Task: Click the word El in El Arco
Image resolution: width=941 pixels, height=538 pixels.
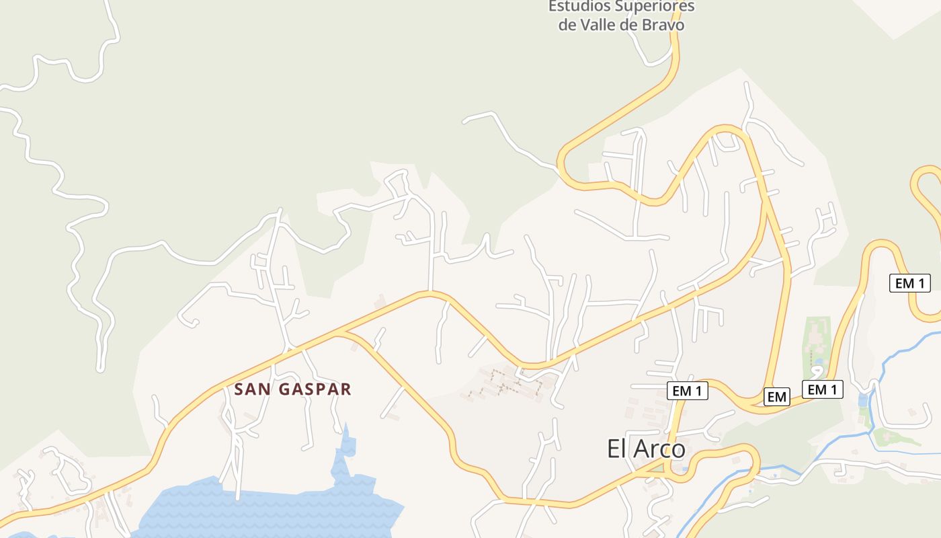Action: [618, 449]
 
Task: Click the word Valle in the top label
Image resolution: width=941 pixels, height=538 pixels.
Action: [602, 25]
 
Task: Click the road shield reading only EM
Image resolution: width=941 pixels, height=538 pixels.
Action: [776, 397]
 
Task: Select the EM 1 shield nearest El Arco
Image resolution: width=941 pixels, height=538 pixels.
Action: [688, 390]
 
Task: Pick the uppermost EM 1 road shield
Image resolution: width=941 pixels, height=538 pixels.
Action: [909, 283]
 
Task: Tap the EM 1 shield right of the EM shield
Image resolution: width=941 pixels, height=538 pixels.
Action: [822, 389]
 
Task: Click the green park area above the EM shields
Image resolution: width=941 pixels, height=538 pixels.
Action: [816, 343]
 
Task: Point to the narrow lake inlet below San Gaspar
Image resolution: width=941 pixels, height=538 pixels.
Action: [347, 447]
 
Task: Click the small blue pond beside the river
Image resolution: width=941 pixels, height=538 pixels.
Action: [863, 401]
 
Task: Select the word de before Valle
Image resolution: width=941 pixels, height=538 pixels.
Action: [569, 25]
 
